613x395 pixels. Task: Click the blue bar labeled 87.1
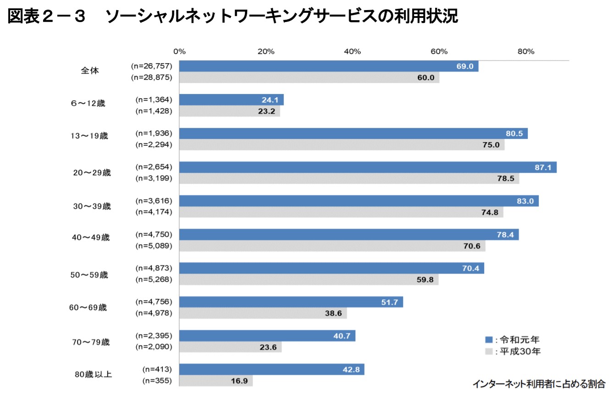(367, 167)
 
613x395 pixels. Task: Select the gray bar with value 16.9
(215, 381)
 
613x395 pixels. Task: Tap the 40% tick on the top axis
(352, 51)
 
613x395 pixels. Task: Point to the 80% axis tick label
(526, 51)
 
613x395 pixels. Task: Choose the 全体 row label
(90, 71)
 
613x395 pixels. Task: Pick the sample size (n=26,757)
(151, 66)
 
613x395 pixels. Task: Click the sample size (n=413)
(157, 369)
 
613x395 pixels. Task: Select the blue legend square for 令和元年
(489, 340)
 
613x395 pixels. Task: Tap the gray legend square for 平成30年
(489, 351)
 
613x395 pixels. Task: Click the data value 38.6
(334, 313)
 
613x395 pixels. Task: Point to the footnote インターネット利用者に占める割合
(539, 383)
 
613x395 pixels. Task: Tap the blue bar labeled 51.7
(291, 302)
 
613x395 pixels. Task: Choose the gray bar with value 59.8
(308, 280)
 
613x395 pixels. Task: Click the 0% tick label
(179, 51)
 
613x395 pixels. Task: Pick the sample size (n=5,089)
(154, 246)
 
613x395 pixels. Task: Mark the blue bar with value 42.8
(271, 369)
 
